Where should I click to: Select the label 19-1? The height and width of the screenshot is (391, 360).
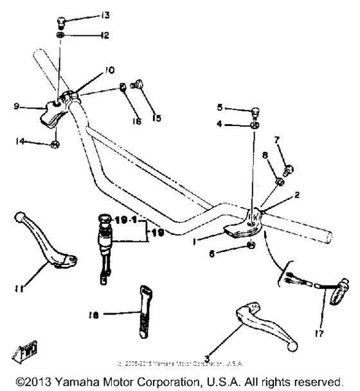pos(126,219)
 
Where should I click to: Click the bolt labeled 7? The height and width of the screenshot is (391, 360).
pos(287,169)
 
